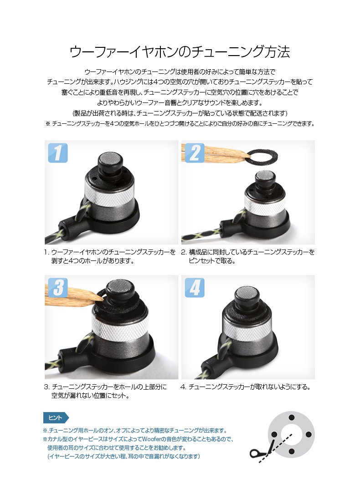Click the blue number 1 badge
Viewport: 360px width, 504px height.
tap(58, 153)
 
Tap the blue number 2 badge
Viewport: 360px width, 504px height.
tap(195, 153)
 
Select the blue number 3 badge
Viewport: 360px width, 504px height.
tap(58, 287)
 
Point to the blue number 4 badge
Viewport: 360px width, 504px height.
tap(195, 287)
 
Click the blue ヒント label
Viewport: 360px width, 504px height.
tap(56, 417)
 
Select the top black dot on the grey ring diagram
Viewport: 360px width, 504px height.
tap(292, 417)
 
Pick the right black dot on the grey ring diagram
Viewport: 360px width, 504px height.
tap(309, 435)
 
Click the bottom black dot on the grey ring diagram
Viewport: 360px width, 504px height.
tap(292, 452)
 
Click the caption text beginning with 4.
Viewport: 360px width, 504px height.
tap(245, 387)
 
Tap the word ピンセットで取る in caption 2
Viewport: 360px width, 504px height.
tap(212, 261)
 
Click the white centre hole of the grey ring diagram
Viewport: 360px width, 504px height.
tap(292, 435)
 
